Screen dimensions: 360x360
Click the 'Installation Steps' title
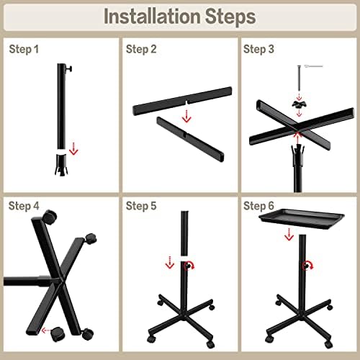coord(179,17)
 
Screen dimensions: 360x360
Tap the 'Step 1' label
coord(24,49)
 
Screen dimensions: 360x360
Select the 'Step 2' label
coord(141,49)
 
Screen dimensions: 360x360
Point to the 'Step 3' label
coord(258,49)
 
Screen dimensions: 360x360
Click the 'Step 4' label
coord(24,206)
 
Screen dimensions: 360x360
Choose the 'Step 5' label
coord(141,206)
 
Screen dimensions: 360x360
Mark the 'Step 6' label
coord(258,206)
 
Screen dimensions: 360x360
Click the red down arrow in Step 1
coord(73,149)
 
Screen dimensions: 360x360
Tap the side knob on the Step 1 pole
coord(68,68)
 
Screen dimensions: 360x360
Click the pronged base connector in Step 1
coord(62,165)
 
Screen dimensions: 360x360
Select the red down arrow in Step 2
coord(186,116)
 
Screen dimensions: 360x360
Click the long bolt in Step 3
coord(299,78)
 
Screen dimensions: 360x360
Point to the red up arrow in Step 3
coord(297,138)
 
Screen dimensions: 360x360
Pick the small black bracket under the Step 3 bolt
coord(299,104)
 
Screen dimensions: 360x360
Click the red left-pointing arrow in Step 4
coord(45,330)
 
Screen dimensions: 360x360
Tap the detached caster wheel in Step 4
coord(58,334)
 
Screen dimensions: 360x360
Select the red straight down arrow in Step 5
coord(170,262)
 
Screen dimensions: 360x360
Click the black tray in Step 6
coord(302,219)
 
